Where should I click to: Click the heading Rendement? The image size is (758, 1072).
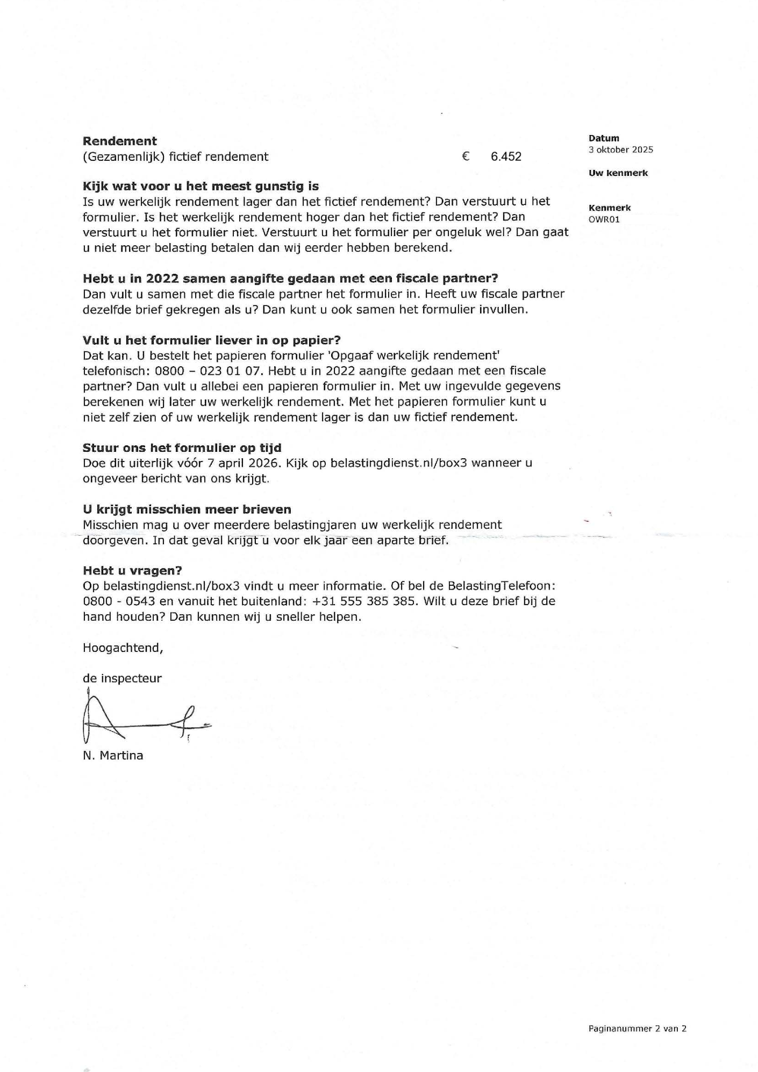pos(119,141)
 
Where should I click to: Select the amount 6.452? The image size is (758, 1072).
pos(506,157)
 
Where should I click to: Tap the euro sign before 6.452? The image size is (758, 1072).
pos(466,157)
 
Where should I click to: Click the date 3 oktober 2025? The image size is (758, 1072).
pos(620,150)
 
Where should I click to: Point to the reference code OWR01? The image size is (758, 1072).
pos(604,219)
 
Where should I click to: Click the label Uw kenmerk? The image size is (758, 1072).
pos(618,173)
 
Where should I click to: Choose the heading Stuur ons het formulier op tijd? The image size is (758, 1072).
pos(182,448)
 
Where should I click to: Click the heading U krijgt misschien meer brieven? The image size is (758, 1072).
pos(187,509)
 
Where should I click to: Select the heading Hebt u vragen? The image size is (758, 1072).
pos(132,570)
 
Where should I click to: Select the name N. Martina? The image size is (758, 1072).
pos(113,755)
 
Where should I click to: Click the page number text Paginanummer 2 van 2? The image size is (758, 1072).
pos(637,1028)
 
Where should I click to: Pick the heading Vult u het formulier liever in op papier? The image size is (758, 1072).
pos(212,340)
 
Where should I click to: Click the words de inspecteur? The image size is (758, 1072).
pos(122,678)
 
